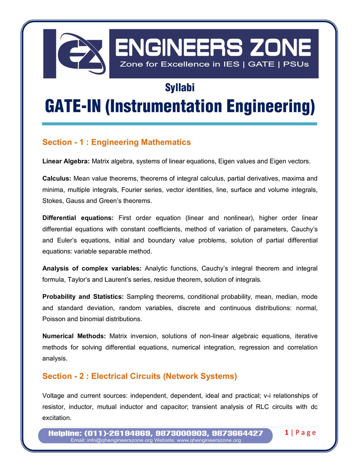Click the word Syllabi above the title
click(180, 88)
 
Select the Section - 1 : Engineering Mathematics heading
click(117, 142)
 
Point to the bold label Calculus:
click(57, 178)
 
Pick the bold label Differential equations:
click(77, 218)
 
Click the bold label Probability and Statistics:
click(83, 297)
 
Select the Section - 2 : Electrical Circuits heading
click(139, 376)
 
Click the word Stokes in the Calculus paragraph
click(53, 201)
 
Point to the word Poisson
click(54, 319)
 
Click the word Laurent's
click(131, 280)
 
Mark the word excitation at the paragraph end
click(56, 418)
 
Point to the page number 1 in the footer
click(287, 433)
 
